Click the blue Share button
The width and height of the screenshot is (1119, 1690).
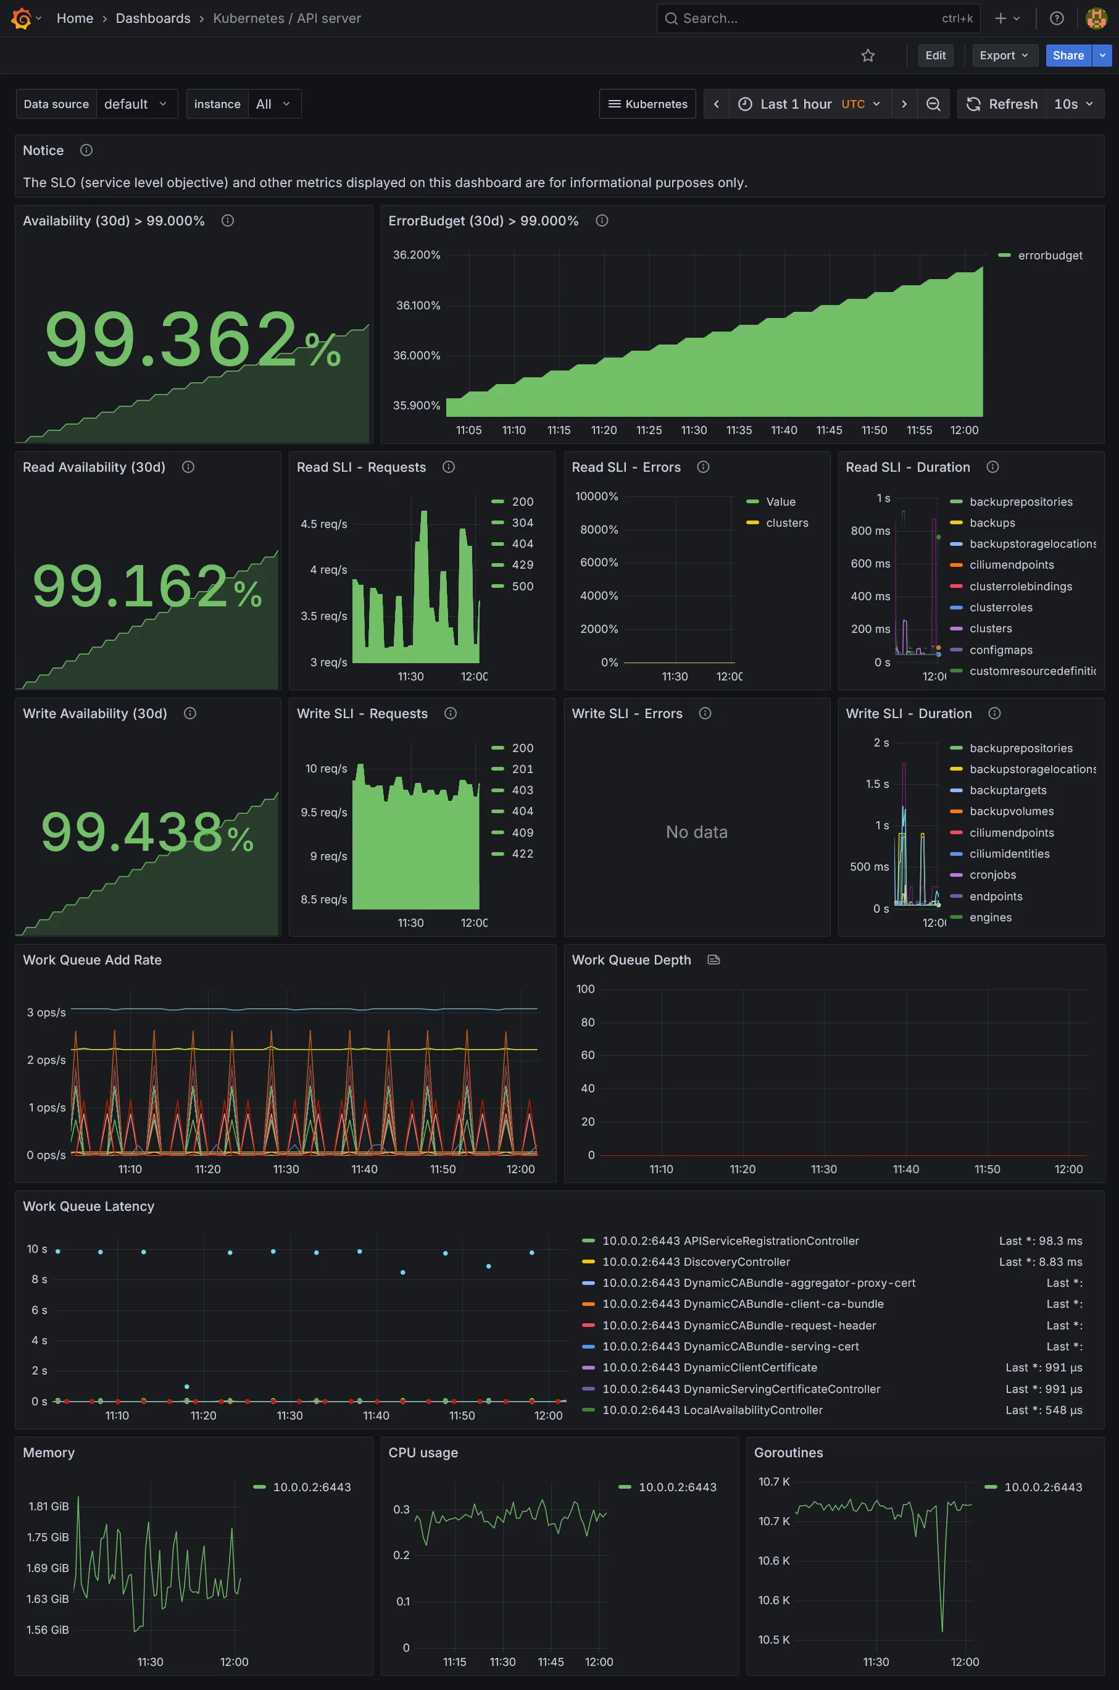1068,56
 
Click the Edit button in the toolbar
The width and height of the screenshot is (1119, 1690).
935,56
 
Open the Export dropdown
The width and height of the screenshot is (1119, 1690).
1004,56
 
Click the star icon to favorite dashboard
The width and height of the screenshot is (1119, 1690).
868,56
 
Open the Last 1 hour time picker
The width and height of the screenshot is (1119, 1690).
810,104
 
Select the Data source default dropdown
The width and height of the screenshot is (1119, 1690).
136,104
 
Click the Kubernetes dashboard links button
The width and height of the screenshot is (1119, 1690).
647,104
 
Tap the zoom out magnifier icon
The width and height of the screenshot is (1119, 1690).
933,104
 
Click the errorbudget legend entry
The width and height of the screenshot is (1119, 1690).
1049,256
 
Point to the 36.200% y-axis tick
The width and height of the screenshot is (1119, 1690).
417,255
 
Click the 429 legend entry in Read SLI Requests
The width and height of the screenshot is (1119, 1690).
522,565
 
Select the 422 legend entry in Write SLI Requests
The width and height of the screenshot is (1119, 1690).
522,854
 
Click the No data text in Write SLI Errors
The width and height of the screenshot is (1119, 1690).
696,832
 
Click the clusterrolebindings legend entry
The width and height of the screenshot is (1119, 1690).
1020,587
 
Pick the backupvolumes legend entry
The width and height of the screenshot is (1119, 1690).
1011,812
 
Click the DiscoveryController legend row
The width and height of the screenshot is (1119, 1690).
736,1262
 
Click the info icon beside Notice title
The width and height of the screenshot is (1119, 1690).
86,151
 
